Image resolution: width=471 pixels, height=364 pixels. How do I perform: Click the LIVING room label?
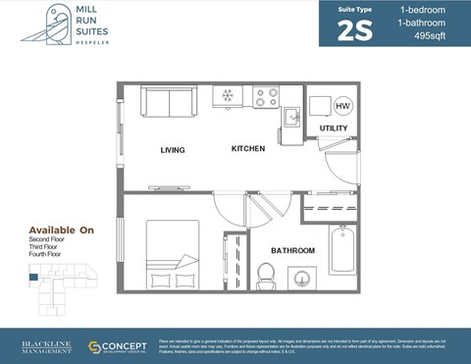[x=173, y=150]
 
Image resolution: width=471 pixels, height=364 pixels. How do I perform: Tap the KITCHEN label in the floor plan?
[x=248, y=149]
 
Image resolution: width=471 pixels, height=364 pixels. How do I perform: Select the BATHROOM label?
[x=292, y=251]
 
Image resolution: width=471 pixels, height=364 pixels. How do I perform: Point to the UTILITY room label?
[x=334, y=129]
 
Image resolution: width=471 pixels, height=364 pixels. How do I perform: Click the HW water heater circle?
[x=343, y=105]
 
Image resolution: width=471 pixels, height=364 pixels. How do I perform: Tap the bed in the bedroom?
[x=173, y=254]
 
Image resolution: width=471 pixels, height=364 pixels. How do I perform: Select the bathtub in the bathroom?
[x=342, y=251]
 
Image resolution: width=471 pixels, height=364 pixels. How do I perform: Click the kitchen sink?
[x=292, y=117]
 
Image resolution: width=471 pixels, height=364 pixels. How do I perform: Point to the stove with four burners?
[x=266, y=97]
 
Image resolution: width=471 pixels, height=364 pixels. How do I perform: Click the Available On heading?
[x=61, y=230]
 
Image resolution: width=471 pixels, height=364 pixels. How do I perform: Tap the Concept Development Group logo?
[x=118, y=347]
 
